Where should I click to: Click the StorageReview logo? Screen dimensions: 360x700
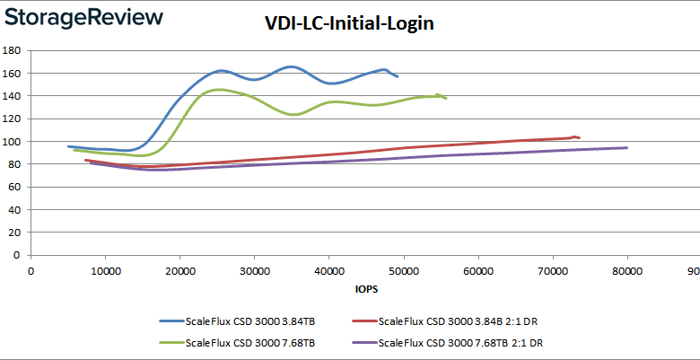click(x=83, y=17)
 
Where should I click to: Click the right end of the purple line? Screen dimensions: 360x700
click(x=626, y=147)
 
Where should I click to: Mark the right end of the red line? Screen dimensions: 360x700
click(x=580, y=137)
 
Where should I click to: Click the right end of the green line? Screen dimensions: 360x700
click(x=446, y=98)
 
